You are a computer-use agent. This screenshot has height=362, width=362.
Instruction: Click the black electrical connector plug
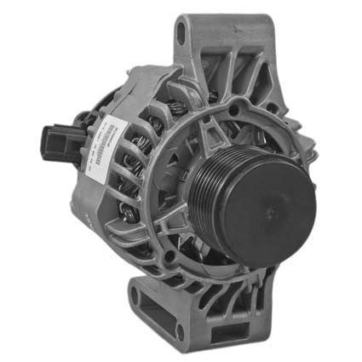[x=58, y=141]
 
